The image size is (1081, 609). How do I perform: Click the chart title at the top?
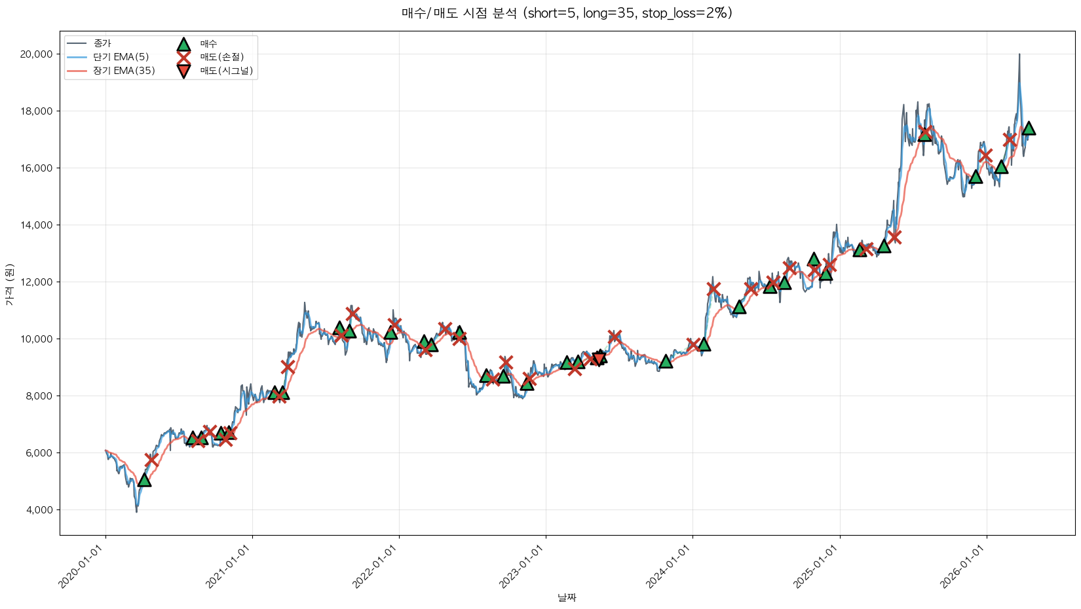coord(567,13)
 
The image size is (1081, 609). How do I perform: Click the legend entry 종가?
coord(102,43)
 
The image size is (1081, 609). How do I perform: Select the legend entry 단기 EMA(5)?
coord(121,57)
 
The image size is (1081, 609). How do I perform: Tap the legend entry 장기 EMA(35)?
coord(124,71)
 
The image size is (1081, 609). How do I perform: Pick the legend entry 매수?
coord(208,44)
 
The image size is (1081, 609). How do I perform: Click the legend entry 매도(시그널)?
coord(226,71)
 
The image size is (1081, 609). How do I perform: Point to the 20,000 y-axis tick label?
coord(36,54)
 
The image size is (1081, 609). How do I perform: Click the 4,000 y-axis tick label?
coord(38,510)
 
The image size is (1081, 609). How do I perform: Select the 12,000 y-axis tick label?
coord(36,282)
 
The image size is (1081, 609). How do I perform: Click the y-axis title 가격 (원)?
coord(9,284)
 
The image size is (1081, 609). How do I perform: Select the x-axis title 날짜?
coord(567,597)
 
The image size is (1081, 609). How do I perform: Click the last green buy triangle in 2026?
coord(1029,128)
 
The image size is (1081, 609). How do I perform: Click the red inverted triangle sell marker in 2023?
coord(598,358)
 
